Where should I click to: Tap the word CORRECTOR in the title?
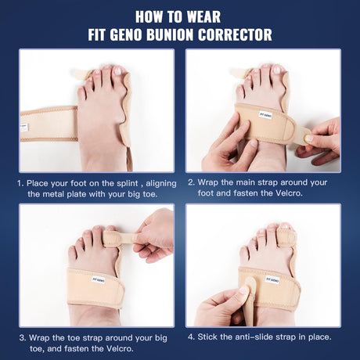[235, 34]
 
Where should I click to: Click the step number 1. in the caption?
[20, 183]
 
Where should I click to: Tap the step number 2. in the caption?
[192, 182]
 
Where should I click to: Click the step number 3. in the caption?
[23, 338]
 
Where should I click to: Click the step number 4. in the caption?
[192, 337]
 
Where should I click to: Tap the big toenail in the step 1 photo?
[118, 70]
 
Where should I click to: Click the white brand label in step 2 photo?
[265, 115]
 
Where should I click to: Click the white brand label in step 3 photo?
[98, 280]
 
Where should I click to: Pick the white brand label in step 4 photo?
[272, 280]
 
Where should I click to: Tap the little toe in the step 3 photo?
[72, 254]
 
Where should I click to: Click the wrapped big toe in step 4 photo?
[286, 236]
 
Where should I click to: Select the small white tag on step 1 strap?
[23, 128]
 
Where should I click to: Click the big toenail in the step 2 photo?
[277, 70]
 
